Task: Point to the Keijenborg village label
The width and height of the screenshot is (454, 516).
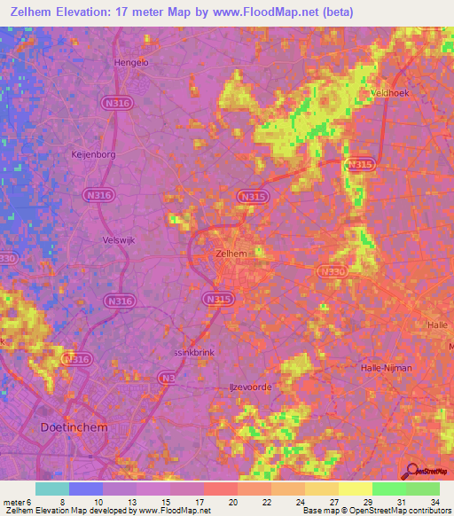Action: [x=93, y=153]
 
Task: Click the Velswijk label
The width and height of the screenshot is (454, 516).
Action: [x=117, y=238]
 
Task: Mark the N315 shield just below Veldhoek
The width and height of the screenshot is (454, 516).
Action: [x=360, y=164]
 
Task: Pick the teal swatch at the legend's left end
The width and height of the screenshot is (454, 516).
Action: [x=51, y=489]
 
